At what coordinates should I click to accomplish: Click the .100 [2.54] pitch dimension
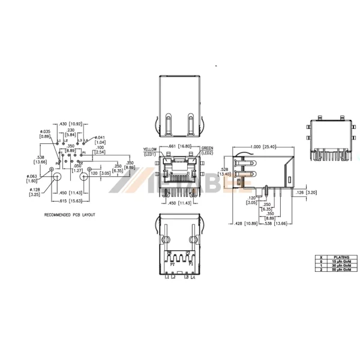(100, 149)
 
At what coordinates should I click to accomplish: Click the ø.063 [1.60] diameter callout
(31, 178)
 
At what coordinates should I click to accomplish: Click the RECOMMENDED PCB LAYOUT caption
(70, 214)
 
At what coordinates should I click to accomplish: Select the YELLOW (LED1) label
(149, 151)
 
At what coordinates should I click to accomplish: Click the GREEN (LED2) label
(208, 151)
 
